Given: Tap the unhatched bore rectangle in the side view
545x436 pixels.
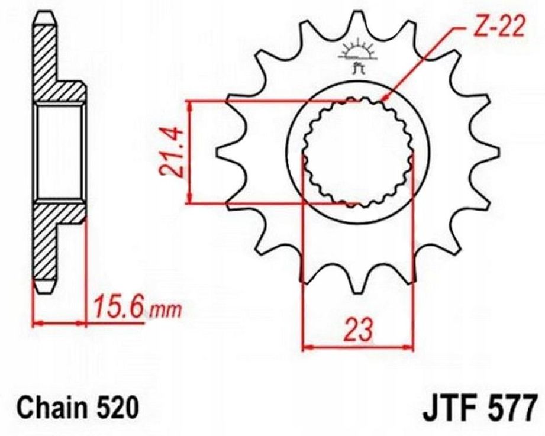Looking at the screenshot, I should point(59,153).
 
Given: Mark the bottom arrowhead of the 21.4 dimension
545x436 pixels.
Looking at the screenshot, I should point(189,199).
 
